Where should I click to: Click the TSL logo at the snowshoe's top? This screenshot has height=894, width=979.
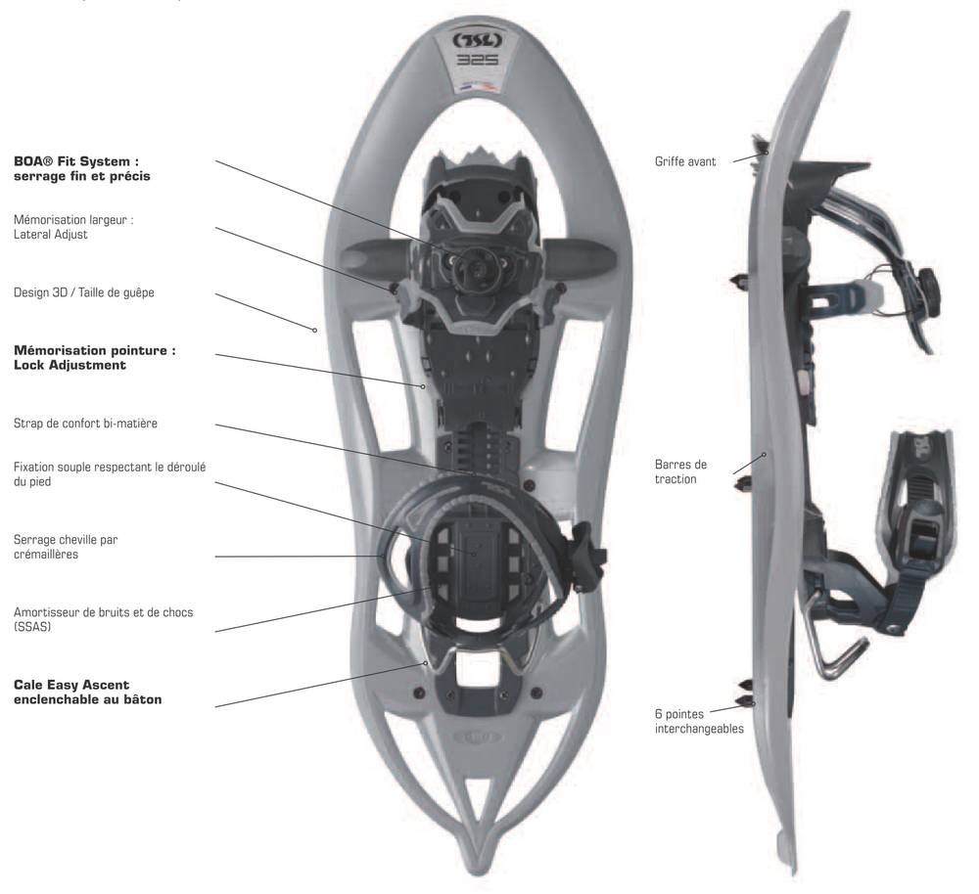coord(478,41)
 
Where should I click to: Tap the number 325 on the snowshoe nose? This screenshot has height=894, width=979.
coord(478,60)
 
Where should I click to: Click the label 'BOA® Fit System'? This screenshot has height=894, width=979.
coord(76,161)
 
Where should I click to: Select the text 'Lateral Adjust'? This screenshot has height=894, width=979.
coord(51,235)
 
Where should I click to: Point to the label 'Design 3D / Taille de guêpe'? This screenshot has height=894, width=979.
coord(83,292)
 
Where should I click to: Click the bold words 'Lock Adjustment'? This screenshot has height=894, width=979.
coord(70,365)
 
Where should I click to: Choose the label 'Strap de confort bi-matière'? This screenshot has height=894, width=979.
coord(85,424)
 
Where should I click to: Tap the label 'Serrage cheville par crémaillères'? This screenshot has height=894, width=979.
coord(66,547)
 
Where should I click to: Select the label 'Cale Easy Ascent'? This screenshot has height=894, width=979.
coord(71,685)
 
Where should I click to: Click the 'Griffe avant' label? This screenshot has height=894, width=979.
coord(685,161)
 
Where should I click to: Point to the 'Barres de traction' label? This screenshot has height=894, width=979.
coord(680,471)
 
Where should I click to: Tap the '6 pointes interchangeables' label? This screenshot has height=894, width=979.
coord(699,721)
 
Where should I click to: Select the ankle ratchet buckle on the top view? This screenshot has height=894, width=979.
coord(587,558)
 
